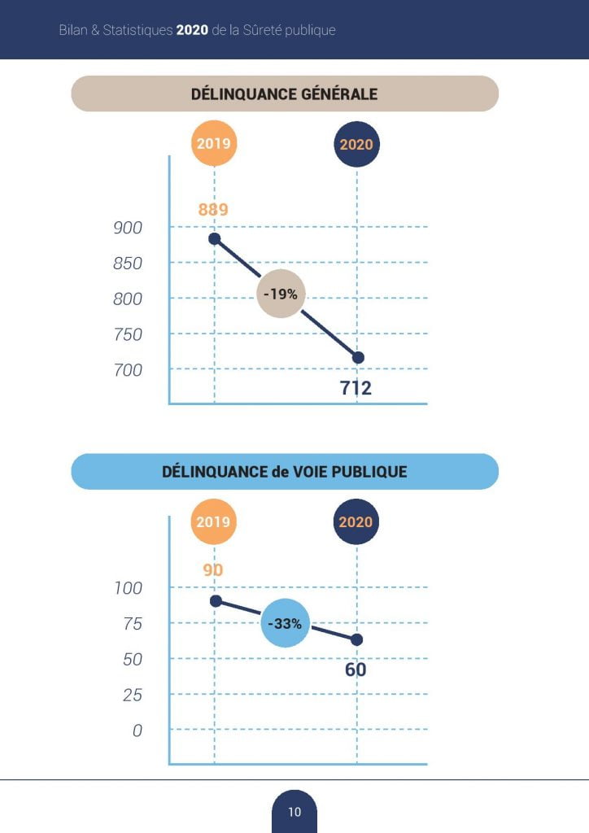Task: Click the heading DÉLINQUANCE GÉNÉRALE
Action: point(284,94)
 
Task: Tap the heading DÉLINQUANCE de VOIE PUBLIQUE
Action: point(284,471)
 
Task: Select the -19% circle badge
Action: point(281,294)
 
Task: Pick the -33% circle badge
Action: point(286,624)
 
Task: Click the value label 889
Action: point(213,210)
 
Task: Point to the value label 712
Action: point(356,388)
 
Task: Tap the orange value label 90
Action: point(213,569)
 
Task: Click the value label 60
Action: point(356,669)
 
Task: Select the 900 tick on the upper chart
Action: point(128,229)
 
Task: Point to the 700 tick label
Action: point(128,370)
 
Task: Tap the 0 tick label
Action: point(137,731)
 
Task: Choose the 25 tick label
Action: point(132,695)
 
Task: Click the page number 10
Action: point(294,812)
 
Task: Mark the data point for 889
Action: point(214,238)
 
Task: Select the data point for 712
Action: point(357,358)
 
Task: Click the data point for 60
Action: point(356,639)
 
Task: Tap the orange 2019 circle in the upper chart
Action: point(213,144)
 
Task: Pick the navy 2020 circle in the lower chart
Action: point(356,522)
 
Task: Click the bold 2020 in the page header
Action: point(192,30)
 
